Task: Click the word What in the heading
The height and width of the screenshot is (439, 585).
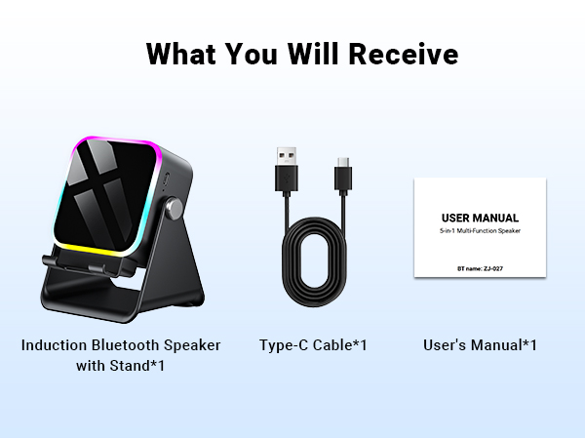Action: [182, 55]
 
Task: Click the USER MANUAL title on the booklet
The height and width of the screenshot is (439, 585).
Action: [480, 218]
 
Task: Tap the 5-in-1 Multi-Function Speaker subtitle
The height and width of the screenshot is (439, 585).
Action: [480, 234]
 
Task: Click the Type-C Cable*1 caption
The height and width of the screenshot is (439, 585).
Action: [313, 345]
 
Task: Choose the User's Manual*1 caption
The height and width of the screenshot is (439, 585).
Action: [480, 345]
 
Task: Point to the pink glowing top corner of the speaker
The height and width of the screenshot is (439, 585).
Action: [78, 146]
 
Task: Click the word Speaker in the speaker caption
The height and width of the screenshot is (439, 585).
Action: [193, 345]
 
